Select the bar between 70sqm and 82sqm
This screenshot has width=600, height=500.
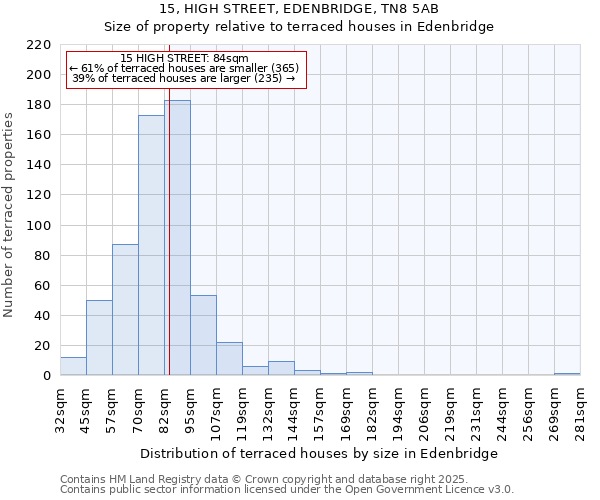click(x=151, y=245)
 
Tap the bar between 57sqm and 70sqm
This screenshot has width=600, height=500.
click(x=125, y=310)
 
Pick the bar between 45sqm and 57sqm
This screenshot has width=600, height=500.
click(x=99, y=338)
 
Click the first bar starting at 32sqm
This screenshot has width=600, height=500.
click(x=73, y=366)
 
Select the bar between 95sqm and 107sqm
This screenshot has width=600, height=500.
click(x=203, y=336)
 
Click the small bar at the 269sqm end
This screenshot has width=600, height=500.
click(x=567, y=374)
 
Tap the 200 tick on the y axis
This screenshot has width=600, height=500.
click(x=39, y=75)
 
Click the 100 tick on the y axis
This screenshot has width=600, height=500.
click(x=39, y=226)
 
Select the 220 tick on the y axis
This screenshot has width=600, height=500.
click(x=39, y=45)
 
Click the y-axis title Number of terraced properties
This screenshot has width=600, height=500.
click(x=9, y=215)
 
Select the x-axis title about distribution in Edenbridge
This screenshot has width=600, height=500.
click(x=319, y=453)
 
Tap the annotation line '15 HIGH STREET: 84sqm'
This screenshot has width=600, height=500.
click(x=184, y=58)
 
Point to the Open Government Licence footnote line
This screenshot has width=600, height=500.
click(x=287, y=489)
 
